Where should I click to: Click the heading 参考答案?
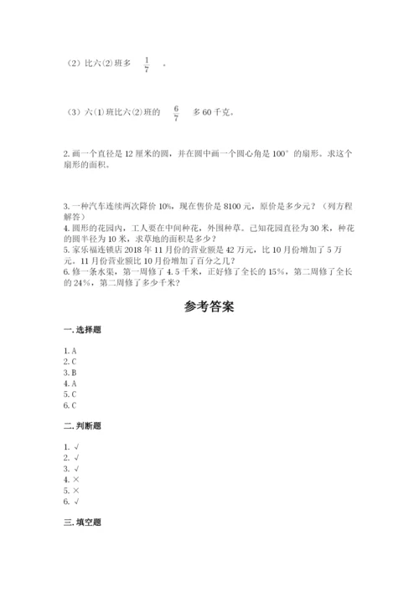pyautogui.click(x=209, y=306)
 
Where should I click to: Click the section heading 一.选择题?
pyautogui.click(x=81, y=332)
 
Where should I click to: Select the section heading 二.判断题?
pyautogui.click(x=81, y=426)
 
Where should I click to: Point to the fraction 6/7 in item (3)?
pyautogui.click(x=176, y=112)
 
